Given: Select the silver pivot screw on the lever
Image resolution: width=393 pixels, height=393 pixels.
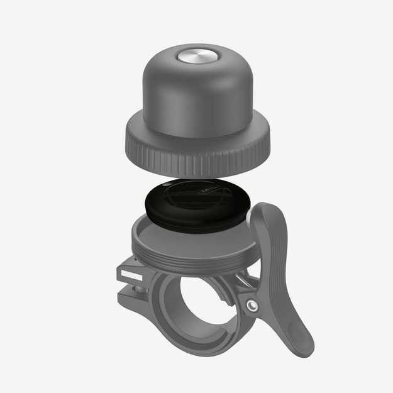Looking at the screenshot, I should click(x=252, y=306).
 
